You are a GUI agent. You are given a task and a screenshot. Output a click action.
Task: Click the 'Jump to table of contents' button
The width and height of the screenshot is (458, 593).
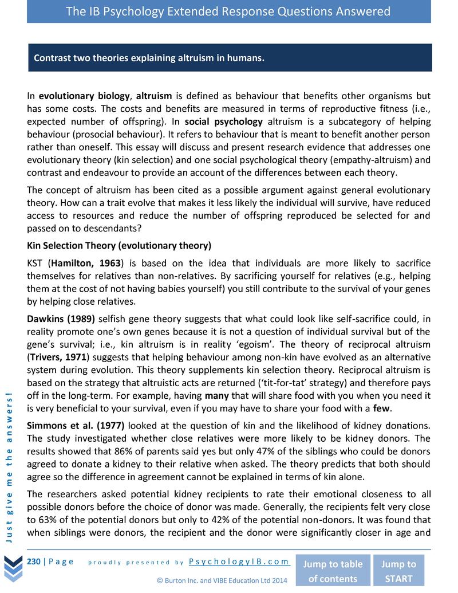333,571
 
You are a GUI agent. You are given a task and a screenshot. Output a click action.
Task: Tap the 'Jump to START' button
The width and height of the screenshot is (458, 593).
399,571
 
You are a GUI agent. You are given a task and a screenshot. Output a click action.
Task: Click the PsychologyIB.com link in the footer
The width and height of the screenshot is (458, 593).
239,561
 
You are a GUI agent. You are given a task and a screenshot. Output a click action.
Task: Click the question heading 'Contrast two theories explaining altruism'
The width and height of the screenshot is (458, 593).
149,58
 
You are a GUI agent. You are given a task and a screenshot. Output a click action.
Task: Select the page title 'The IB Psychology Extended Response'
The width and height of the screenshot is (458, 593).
228,11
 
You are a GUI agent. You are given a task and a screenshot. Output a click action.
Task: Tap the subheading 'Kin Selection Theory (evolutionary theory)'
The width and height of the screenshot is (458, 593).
119,246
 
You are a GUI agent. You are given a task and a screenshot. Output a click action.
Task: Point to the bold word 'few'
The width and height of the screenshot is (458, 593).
381,409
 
